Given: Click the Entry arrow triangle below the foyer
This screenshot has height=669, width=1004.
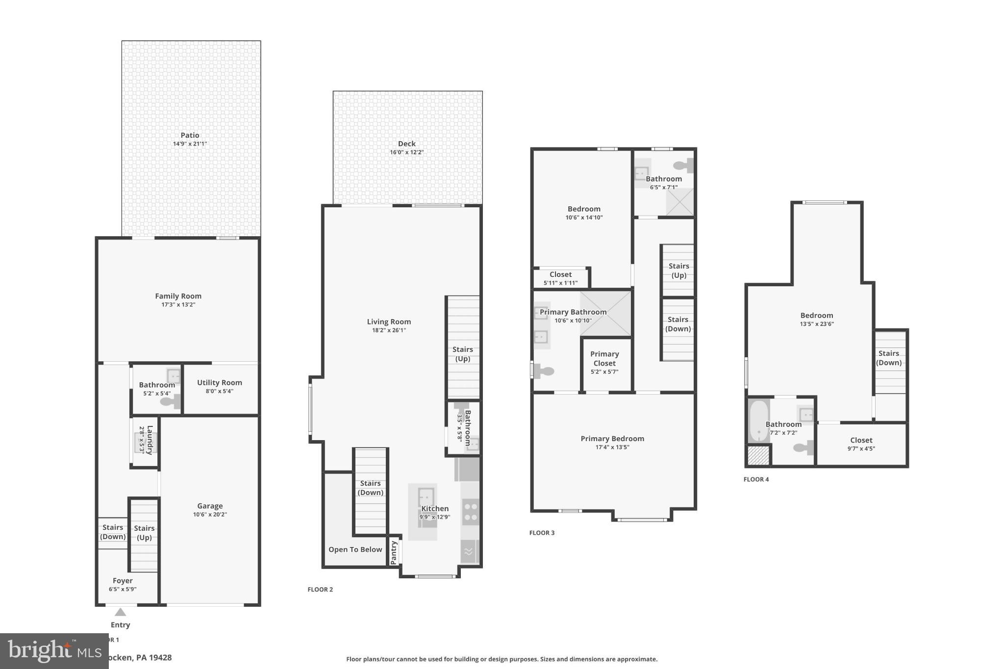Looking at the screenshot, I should (x=120, y=612).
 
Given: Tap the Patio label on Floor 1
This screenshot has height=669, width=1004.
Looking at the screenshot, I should (x=190, y=135).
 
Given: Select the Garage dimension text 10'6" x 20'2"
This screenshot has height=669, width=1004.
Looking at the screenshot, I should (x=210, y=515).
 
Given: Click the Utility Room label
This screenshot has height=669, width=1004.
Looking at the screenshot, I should (x=219, y=383).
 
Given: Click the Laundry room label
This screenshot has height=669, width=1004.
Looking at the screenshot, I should (x=150, y=440).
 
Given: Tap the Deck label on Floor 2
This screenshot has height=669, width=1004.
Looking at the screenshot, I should (x=406, y=144).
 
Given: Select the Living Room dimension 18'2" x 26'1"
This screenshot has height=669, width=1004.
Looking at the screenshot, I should (x=389, y=330).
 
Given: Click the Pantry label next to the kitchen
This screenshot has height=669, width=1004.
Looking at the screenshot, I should (x=394, y=553).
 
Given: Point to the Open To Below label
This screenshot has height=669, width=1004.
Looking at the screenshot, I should (x=355, y=549).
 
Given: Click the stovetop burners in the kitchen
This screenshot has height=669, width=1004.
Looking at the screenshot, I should (x=470, y=512).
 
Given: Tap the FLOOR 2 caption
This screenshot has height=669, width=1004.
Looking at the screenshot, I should (x=320, y=590).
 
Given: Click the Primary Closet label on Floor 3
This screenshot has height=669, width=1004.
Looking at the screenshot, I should (x=604, y=359).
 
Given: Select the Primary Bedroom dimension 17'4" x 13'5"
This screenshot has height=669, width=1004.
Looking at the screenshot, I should (x=612, y=447).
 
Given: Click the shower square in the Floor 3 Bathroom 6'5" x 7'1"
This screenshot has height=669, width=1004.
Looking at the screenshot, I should (x=679, y=202).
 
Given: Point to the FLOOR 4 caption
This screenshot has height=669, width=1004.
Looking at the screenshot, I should (x=756, y=479).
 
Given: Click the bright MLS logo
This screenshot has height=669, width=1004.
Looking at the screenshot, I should (x=54, y=651).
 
